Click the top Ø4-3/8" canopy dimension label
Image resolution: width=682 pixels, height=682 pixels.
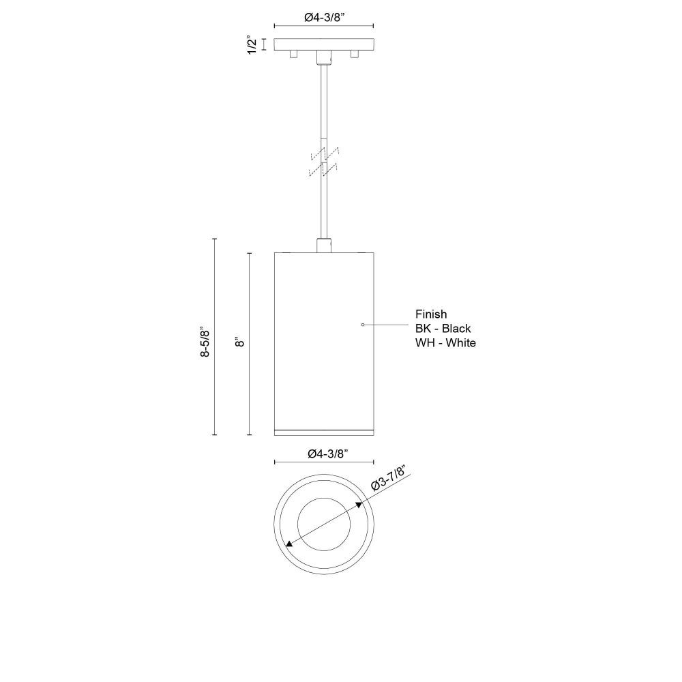(324, 17)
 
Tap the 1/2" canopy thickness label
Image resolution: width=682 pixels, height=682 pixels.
(252, 45)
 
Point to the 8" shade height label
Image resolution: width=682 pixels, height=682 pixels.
(239, 342)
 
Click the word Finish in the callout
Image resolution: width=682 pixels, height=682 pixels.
(431, 314)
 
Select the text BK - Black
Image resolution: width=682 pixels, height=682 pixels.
(443, 329)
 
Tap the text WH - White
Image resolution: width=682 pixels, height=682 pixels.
(445, 343)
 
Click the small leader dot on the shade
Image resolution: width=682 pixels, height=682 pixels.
(363, 325)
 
